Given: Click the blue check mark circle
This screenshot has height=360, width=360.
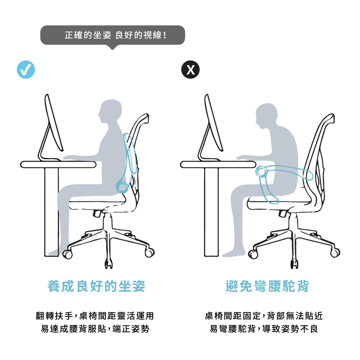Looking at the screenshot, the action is click(26, 70).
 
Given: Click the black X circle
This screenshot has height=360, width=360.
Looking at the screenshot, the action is click(190, 70).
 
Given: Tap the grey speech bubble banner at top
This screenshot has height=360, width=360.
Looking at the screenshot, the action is click(112, 35).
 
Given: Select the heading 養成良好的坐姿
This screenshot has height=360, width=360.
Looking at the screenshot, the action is click(96, 286).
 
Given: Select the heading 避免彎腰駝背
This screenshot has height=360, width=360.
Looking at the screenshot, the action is click(267, 286).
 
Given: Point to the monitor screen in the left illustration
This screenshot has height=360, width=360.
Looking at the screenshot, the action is click(54, 123).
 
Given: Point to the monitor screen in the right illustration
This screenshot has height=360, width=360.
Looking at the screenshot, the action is click(214, 123).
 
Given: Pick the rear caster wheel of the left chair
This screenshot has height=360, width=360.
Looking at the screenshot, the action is click(150, 252).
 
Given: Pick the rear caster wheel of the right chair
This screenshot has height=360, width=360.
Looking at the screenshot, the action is click(335, 252).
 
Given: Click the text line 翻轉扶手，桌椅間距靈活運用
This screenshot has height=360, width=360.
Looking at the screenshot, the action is click(95, 316).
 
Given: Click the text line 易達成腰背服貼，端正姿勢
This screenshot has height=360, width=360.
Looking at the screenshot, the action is click(95, 329).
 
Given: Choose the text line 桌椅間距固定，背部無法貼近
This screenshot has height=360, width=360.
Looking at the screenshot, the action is click(264, 316).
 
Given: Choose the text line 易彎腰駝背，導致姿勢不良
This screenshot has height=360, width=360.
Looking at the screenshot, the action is click(264, 329).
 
